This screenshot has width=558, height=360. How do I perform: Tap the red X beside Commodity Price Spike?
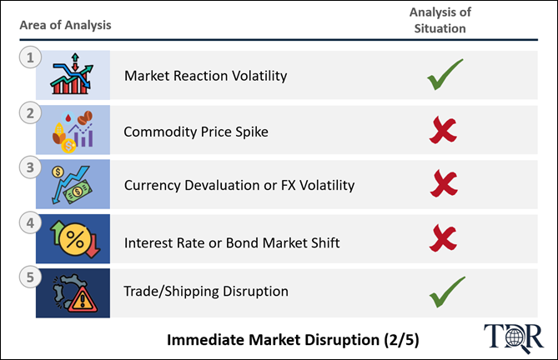[443, 131]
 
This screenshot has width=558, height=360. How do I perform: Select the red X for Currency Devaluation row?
[444, 183]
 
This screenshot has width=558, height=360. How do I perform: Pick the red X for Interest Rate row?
[443, 237]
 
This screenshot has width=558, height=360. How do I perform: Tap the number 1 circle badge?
[30, 57]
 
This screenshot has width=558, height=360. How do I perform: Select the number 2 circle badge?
[30, 113]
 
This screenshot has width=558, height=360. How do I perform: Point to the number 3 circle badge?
[30, 167]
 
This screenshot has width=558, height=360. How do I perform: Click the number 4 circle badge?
[30, 222]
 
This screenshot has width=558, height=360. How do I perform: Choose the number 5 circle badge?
[30, 277]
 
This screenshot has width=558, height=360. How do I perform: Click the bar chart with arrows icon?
[72, 74]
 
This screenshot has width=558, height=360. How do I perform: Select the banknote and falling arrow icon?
[71, 184]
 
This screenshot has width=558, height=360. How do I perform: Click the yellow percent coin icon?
[75, 239]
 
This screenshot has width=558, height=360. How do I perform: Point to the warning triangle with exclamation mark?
[83, 300]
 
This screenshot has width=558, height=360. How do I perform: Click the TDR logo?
[514, 337]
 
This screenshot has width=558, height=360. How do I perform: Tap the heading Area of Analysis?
[66, 25]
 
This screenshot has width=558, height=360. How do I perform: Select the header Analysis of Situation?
[440, 20]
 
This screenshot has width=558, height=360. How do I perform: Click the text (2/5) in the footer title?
[401, 340]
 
